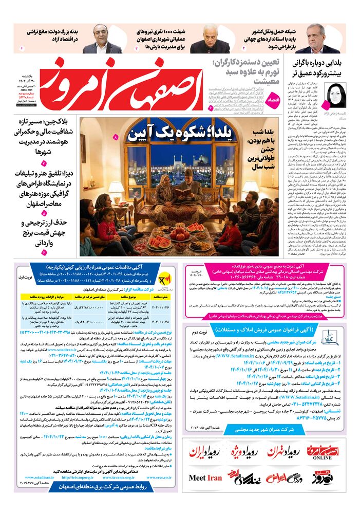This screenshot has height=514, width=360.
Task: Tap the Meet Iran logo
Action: pos(205,478)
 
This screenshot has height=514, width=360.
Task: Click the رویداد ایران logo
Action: pos(206,452)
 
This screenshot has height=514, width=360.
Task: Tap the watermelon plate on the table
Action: pos(160,242)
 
